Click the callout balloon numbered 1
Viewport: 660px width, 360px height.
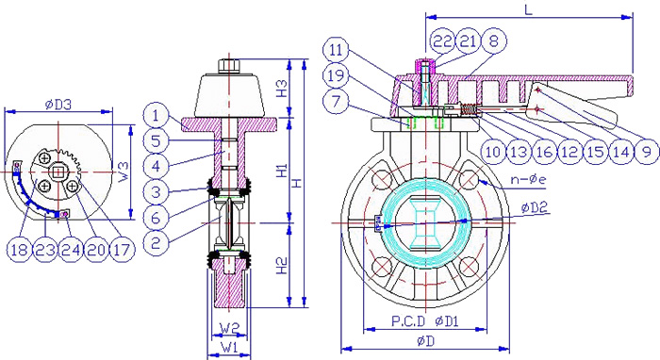(156, 114)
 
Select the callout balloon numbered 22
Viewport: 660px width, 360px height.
(443, 41)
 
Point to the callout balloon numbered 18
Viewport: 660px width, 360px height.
(20, 250)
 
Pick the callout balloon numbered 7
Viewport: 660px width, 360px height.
(336, 101)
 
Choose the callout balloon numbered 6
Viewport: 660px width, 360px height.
(156, 217)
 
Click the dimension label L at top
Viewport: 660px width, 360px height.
(528, 8)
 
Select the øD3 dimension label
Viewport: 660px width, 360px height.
(58, 105)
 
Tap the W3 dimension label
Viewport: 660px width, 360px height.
(123, 172)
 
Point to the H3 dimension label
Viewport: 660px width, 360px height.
(282, 89)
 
